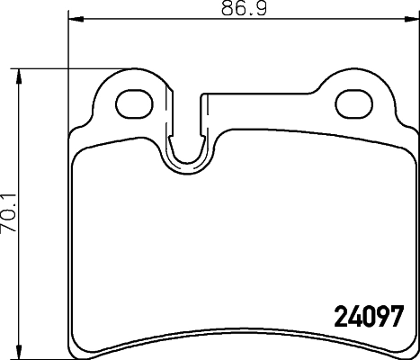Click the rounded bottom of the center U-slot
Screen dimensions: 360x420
pyautogui.click(x=188, y=165)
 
